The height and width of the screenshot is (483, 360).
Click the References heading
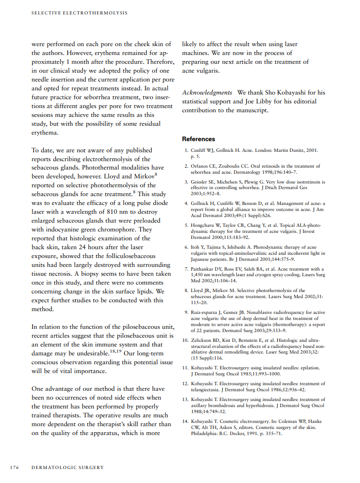pyautogui.click(x=198, y=139)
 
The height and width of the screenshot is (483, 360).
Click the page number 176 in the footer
pyautogui.click(x=14, y=467)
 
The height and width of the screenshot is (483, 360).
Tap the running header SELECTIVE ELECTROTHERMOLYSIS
pyautogui.click(x=79, y=13)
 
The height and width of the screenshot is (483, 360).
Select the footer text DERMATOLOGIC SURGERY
pyautogui.click(x=68, y=467)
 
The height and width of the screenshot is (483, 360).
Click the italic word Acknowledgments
pyautogui.click(x=207, y=93)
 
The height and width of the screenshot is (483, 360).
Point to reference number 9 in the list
pyautogui.click(x=186, y=312)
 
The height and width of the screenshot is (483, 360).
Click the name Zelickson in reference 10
pyautogui.click(x=203, y=340)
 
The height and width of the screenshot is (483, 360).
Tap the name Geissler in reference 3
pyautogui.click(x=201, y=182)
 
